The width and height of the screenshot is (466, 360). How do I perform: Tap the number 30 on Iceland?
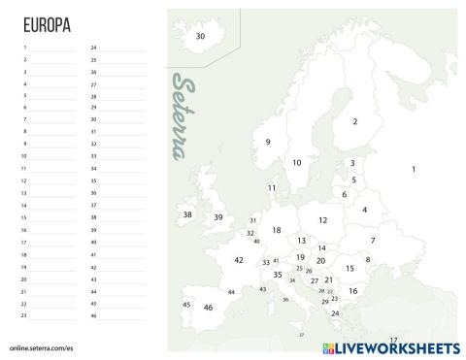click(200, 36)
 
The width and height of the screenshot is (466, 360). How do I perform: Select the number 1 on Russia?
click(414, 170)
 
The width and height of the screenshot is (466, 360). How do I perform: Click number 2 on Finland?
click(355, 121)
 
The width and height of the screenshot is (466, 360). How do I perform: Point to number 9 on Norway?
click(267, 142)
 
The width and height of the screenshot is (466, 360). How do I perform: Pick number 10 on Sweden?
click(296, 162)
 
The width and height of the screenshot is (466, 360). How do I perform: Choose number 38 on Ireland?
click(187, 214)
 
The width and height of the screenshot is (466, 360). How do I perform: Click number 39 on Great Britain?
click(218, 217)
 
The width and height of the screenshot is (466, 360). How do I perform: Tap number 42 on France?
click(239, 260)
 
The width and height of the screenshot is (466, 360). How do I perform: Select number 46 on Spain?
click(208, 308)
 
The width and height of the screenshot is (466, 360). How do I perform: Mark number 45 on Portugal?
click(185, 305)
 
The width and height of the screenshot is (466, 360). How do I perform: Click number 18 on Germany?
click(277, 230)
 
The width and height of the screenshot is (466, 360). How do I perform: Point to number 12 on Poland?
click(323, 220)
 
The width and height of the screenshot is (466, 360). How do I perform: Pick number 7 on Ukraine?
click(373, 240)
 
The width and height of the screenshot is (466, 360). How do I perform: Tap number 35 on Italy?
click(278, 275)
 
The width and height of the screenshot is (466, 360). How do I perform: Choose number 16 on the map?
click(353, 291)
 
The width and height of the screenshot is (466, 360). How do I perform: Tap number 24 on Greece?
click(335, 313)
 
